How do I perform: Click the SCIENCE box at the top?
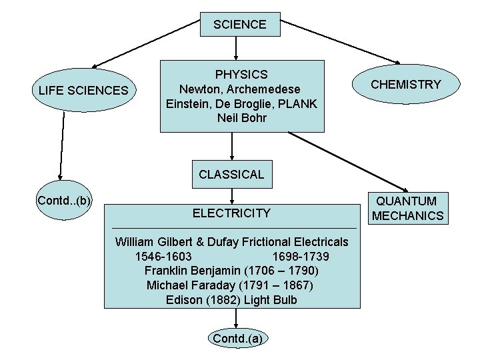pyautogui.click(x=239, y=25)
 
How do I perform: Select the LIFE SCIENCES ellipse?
pyautogui.click(x=84, y=89)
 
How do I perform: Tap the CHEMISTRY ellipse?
pyautogui.click(x=405, y=84)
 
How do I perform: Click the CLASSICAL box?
pyautogui.click(x=231, y=175)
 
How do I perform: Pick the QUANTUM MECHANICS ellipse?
pyautogui.click(x=407, y=208)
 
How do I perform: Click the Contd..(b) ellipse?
pyautogui.click(x=65, y=200)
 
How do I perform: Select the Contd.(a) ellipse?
pyautogui.click(x=237, y=339)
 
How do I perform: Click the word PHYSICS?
pyautogui.click(x=241, y=75)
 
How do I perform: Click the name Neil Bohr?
pyautogui.click(x=241, y=119)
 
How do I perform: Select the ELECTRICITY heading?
pyautogui.click(x=231, y=213)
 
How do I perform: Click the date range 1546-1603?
pyautogui.click(x=163, y=257)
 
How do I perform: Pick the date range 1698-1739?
pyautogui.click(x=300, y=257)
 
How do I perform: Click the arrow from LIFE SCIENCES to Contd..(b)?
pyautogui.click(x=62, y=147)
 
